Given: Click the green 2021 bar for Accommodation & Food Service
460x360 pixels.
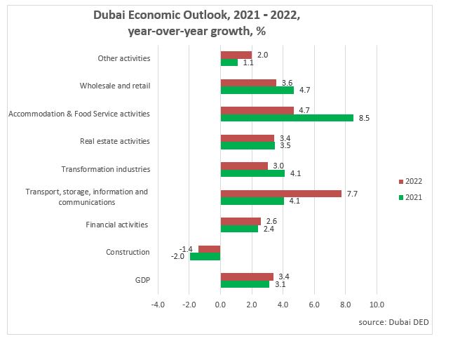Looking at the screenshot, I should click(x=287, y=118).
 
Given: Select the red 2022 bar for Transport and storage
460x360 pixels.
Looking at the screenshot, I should click(x=280, y=193).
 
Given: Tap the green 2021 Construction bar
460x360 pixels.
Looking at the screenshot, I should click(x=205, y=256).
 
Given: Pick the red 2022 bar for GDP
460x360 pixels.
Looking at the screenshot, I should click(x=247, y=276).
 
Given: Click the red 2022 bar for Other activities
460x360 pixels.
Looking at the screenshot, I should click(x=236, y=55).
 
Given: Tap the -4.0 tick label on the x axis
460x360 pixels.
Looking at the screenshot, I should click(x=158, y=305).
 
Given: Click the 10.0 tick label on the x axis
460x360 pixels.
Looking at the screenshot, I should click(x=377, y=305).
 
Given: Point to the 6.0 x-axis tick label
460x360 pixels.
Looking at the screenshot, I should click(x=314, y=305).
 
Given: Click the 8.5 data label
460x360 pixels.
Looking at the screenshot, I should click(x=363, y=118).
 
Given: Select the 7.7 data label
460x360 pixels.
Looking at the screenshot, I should click(x=351, y=193).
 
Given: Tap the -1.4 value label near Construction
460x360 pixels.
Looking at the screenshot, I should click(x=186, y=248).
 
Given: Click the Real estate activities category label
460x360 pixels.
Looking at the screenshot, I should click(x=115, y=141).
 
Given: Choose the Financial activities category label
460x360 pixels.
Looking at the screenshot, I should click(x=116, y=225).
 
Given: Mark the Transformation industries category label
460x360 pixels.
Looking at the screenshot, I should click(x=105, y=169).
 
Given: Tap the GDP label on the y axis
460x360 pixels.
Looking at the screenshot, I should click(x=142, y=280).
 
